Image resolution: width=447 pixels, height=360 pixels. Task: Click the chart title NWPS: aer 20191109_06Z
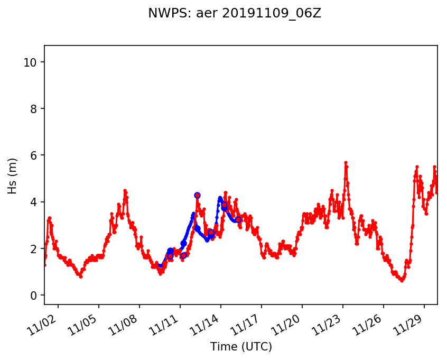point(235,14)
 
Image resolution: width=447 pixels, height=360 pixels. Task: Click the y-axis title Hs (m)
point(13,176)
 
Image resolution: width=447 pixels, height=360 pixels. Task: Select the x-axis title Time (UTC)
point(241,347)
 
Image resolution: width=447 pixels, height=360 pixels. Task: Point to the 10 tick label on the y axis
point(30,62)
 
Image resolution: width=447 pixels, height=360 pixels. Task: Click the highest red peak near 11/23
point(346,162)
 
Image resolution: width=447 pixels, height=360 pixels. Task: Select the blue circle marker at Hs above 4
point(197,195)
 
